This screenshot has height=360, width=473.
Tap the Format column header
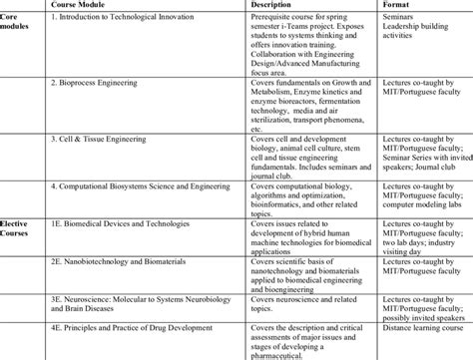click(x=397, y=6)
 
